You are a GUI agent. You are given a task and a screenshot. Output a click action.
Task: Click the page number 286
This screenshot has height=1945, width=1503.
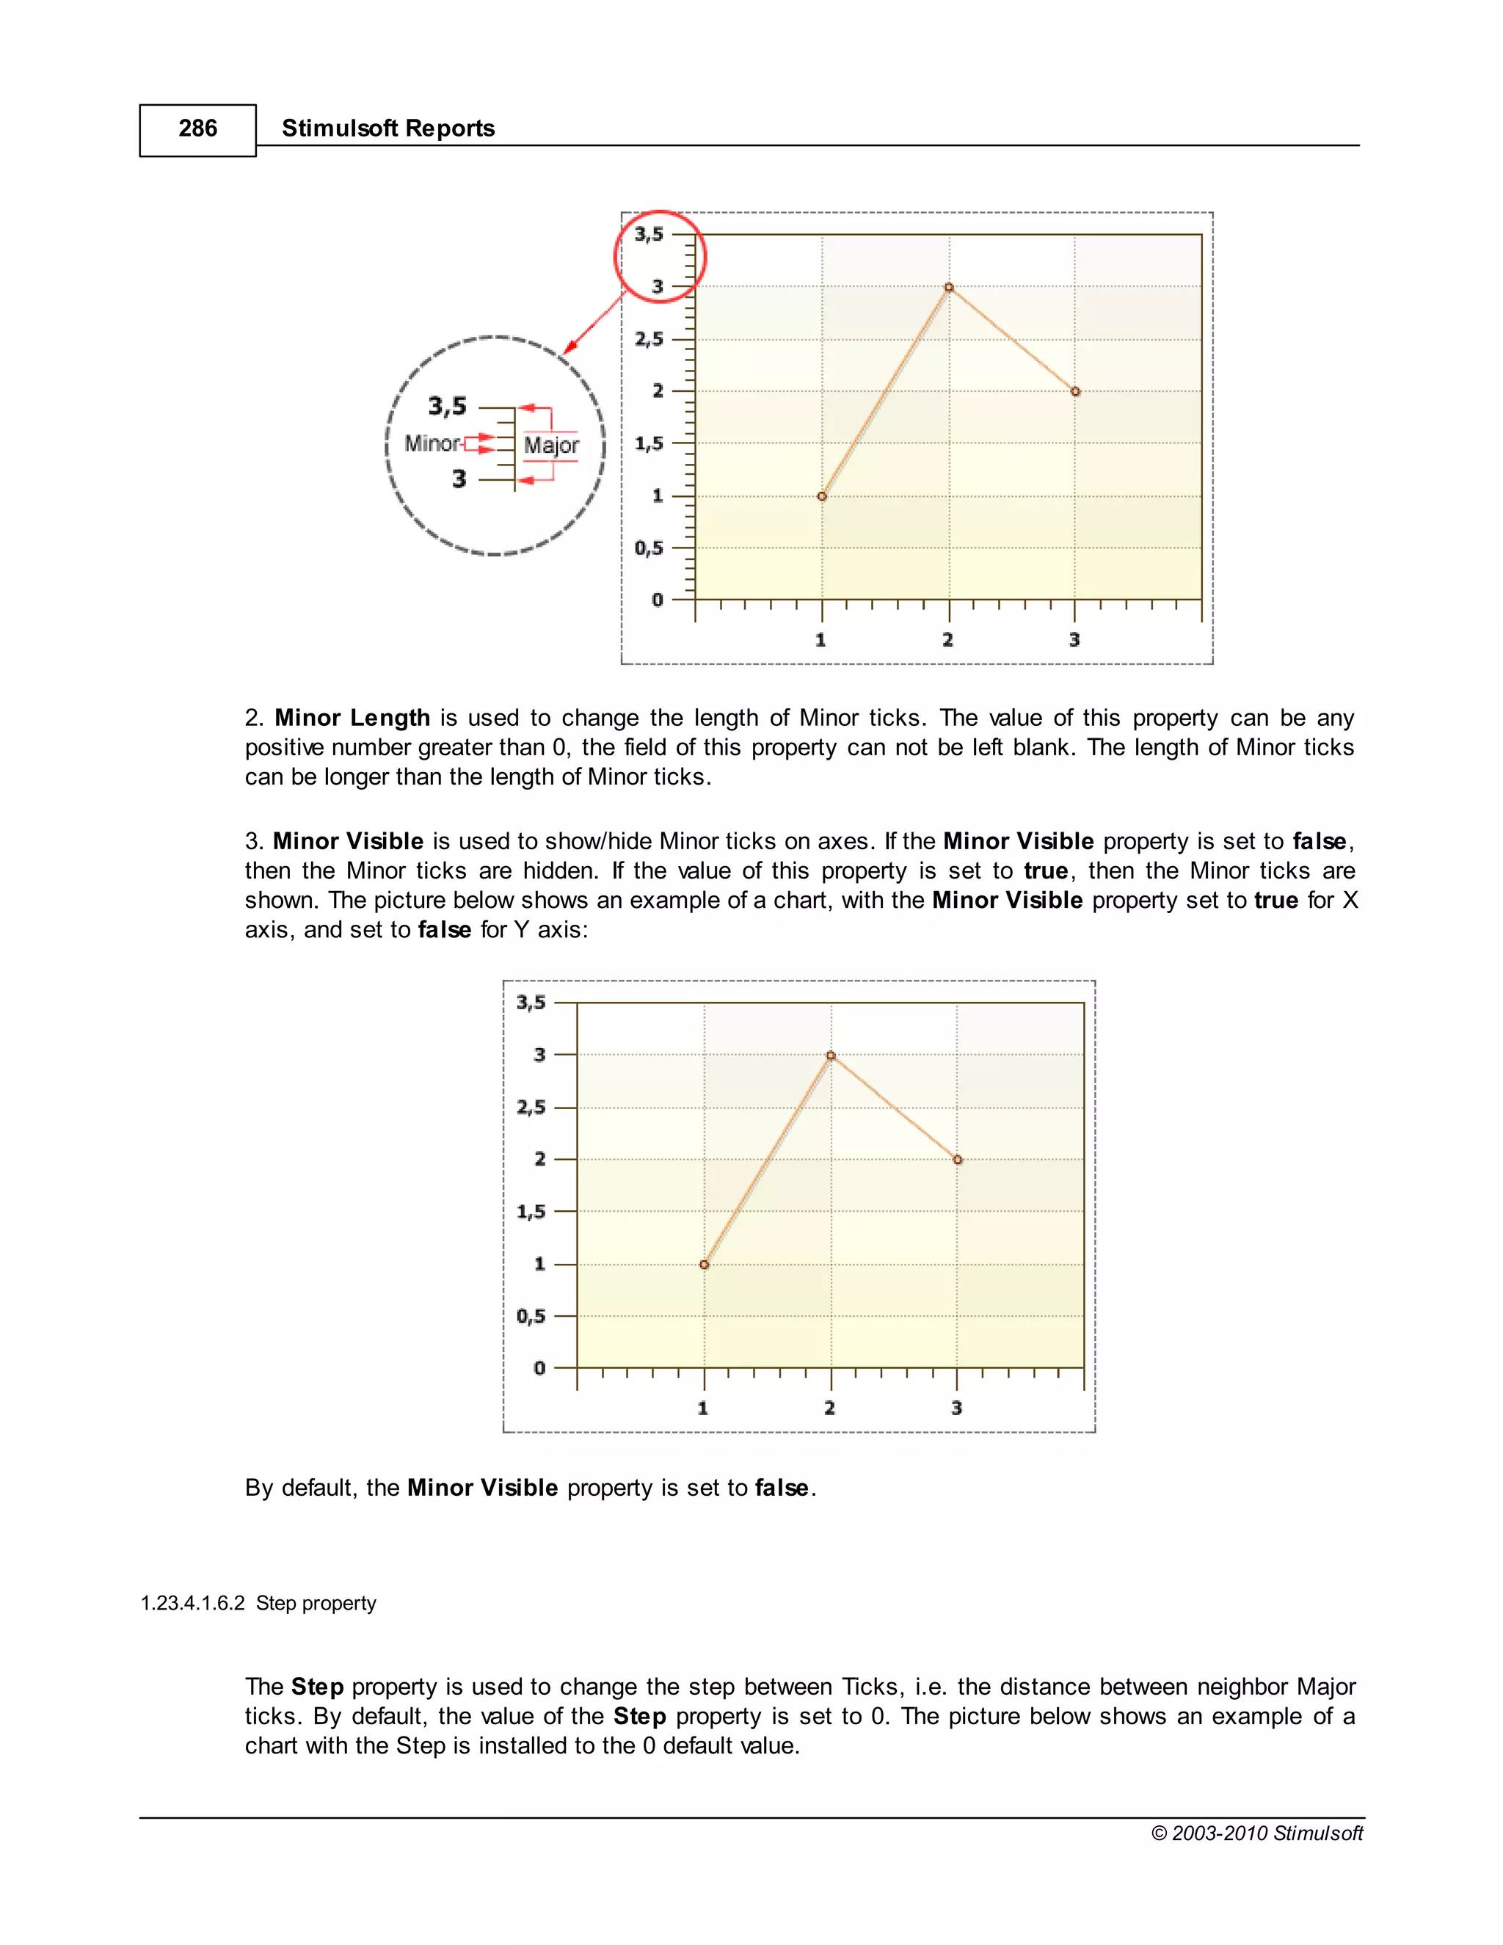coord(197,129)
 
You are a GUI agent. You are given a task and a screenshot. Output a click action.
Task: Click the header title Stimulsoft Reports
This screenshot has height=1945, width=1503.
coord(387,129)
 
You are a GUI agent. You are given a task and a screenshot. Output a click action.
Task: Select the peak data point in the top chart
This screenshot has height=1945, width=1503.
coord(948,288)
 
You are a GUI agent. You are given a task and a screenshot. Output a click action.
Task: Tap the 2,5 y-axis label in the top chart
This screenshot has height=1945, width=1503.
coord(649,339)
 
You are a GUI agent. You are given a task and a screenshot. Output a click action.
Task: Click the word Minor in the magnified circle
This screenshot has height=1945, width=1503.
coord(432,443)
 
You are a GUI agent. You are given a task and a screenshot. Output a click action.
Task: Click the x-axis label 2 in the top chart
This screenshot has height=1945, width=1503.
coord(947,639)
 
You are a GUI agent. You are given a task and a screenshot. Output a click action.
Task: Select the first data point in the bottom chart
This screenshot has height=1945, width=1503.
coord(705,1265)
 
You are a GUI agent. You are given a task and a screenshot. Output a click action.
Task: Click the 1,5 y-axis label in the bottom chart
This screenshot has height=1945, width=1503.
coord(531,1212)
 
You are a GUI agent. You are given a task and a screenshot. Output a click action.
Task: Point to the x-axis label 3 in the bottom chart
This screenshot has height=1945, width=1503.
coord(956,1408)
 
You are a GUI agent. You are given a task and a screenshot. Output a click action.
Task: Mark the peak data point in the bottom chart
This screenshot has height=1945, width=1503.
coord(831,1056)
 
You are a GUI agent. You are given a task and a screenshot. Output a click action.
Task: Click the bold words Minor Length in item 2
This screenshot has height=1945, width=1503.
coord(352,718)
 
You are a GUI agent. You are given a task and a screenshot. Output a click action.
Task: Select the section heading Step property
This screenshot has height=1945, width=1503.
coord(316,1603)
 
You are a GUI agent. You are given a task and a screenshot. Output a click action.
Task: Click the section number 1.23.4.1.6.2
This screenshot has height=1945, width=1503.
coord(192,1603)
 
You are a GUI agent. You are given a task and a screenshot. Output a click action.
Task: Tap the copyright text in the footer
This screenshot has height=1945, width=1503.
coord(1256,1833)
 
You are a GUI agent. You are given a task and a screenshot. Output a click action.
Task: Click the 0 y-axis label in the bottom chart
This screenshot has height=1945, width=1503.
coord(539,1368)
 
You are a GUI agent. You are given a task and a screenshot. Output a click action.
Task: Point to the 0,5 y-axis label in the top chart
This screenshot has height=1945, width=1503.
coord(649,548)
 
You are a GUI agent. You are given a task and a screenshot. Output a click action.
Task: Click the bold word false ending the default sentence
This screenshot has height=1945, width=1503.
coord(782,1488)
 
